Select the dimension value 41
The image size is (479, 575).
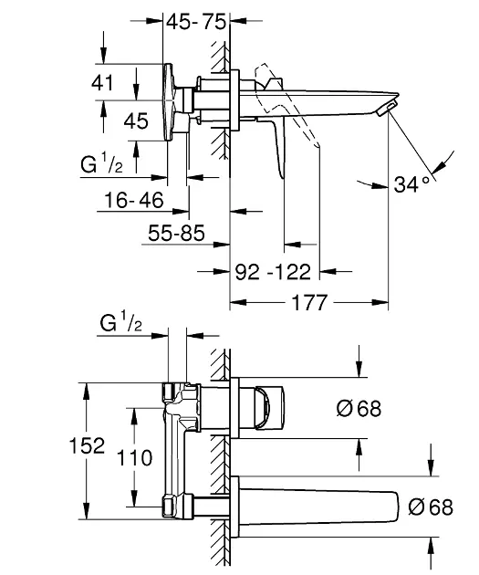102,81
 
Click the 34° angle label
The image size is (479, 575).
412,184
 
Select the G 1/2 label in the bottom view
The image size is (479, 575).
120,324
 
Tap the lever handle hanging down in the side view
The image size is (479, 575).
278,146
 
